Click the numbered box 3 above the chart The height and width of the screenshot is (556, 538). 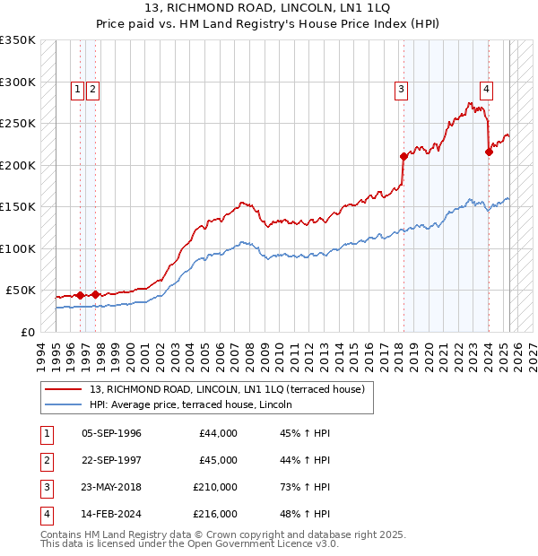(400, 89)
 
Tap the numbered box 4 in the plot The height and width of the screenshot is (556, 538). (485, 89)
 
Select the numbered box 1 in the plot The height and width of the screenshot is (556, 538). (78, 89)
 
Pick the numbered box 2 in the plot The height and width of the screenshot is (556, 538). (92, 89)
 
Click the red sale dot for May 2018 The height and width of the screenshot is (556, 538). (403, 156)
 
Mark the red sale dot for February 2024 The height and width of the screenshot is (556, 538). (489, 152)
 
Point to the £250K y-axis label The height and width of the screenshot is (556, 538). (18, 123)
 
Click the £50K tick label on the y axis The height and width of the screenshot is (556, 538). (22, 291)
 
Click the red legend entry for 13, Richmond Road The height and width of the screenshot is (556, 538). (227, 390)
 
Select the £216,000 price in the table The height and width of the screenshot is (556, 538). (215, 514)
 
